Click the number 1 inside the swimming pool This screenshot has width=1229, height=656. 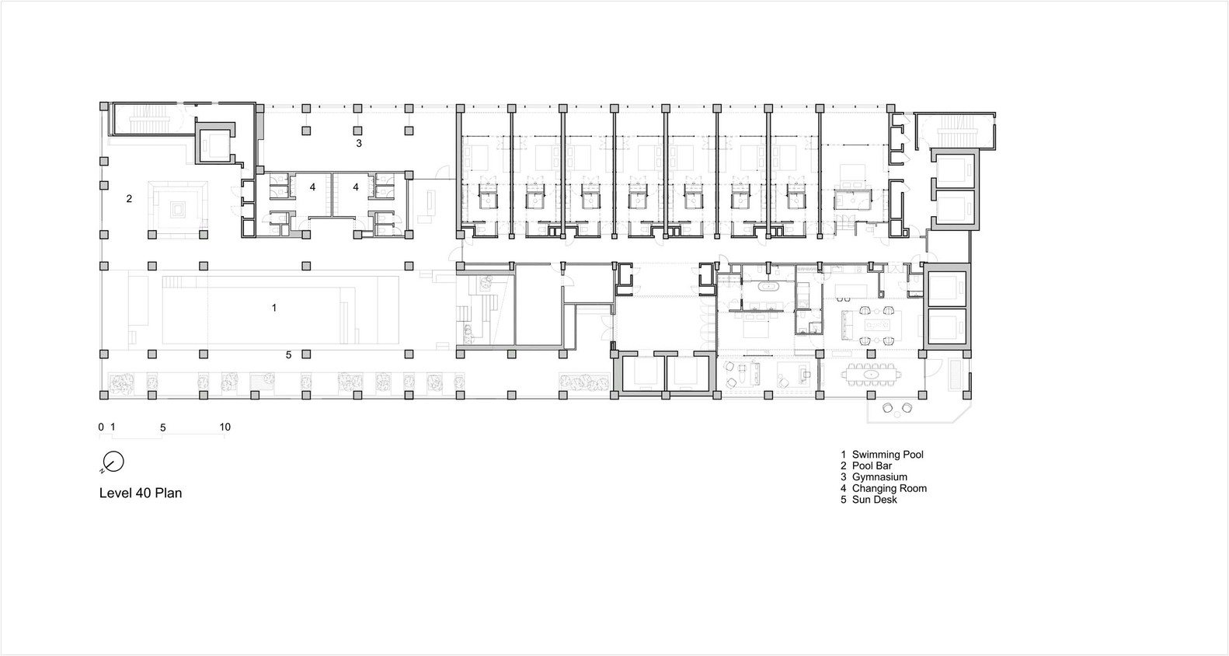coord(274,308)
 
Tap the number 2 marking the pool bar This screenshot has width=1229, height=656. coord(129,198)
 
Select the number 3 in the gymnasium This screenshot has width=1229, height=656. coord(359,143)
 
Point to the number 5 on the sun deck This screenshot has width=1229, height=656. coord(288,355)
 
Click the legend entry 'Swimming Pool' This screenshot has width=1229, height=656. coord(887,455)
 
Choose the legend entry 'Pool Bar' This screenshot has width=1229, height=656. coord(872,466)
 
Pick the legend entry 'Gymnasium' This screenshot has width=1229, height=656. coord(879,477)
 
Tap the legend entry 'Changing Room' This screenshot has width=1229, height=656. coord(889,488)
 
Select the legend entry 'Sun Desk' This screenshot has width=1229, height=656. coord(875,500)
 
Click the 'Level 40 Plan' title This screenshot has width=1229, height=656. coord(141,493)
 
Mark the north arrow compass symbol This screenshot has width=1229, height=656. coord(113,462)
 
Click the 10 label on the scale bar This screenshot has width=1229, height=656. coord(225,427)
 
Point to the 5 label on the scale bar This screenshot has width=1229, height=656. coord(163,427)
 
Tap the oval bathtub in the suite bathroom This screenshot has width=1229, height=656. coord(767,287)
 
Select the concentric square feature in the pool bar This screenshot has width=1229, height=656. coord(178,209)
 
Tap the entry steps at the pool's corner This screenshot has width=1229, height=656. coord(179,281)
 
